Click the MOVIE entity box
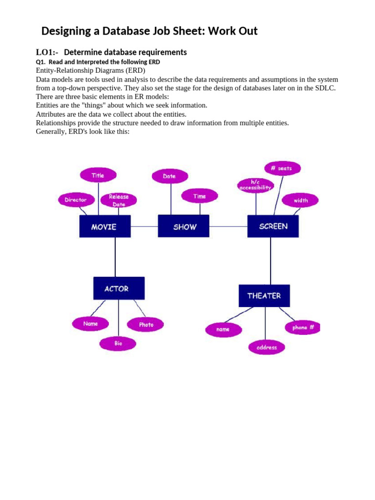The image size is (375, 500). pyautogui.click(x=104, y=227)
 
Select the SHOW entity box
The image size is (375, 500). pyautogui.click(x=184, y=227)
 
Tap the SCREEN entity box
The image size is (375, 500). pyautogui.click(x=273, y=227)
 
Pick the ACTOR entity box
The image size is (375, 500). pyautogui.click(x=119, y=289)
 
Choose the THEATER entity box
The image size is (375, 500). pyautogui.click(x=264, y=296)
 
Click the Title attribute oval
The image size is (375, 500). pyautogui.click(x=98, y=175)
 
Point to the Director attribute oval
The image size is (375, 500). pyautogui.click(x=76, y=200)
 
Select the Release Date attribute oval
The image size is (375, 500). pyautogui.click(x=119, y=200)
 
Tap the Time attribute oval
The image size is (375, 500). pyautogui.click(x=199, y=196)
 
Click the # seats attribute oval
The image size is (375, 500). pyautogui.click(x=282, y=168)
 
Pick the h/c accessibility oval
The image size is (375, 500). pyautogui.click(x=255, y=185)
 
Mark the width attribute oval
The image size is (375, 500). pyautogui.click(x=301, y=200)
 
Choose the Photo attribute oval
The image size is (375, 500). pyautogui.click(x=146, y=324)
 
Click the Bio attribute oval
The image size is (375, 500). pyautogui.click(x=118, y=343)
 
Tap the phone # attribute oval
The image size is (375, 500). pyautogui.click(x=303, y=328)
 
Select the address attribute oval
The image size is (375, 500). pyautogui.click(x=266, y=348)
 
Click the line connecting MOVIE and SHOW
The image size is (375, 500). pyautogui.click(x=145, y=227)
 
